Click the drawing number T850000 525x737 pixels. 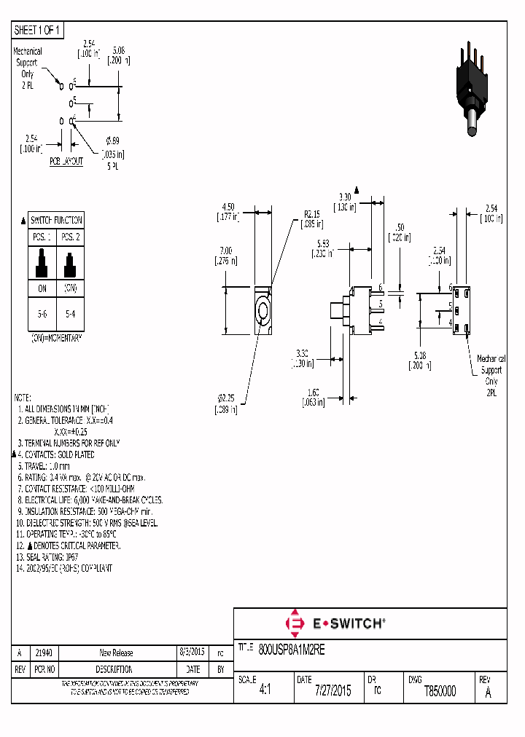pyautogui.click(x=440, y=691)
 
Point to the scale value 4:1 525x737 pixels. pyautogui.click(x=265, y=691)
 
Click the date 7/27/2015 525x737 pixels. pyautogui.click(x=332, y=691)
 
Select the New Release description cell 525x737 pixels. pyautogui.click(x=116, y=653)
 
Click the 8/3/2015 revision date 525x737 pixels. pyautogui.click(x=192, y=653)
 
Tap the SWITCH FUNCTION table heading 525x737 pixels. pyautogui.click(x=56, y=220)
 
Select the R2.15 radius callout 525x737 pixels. pyautogui.click(x=312, y=219)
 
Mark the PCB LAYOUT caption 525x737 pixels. pyautogui.click(x=66, y=161)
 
